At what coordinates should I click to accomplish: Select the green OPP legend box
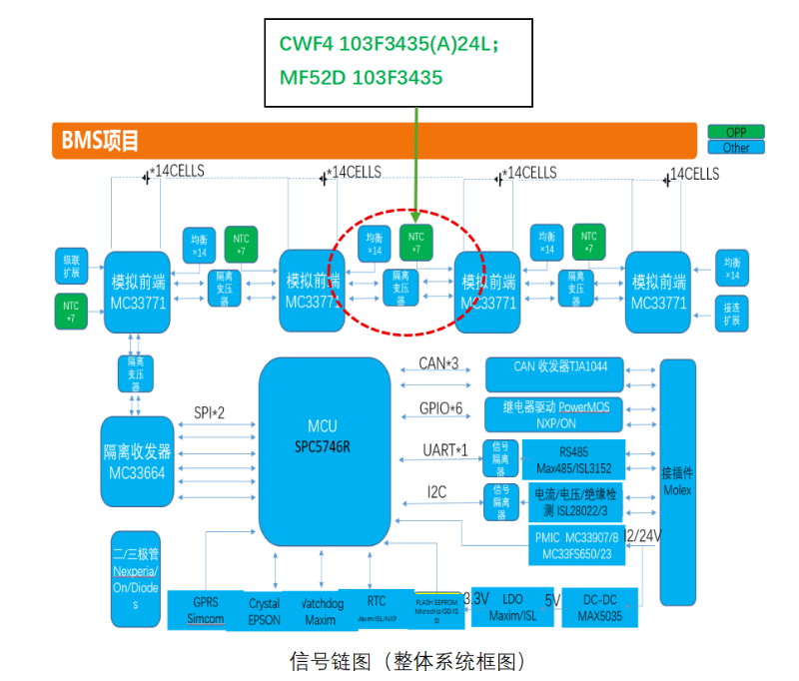(x=735, y=132)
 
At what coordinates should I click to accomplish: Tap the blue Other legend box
(x=735, y=148)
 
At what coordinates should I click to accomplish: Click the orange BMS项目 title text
(x=101, y=141)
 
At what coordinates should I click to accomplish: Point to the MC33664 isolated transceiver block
(x=137, y=460)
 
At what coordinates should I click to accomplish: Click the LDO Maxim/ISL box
(x=512, y=605)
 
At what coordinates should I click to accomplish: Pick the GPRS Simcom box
(x=206, y=610)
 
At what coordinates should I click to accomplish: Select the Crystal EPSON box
(x=265, y=610)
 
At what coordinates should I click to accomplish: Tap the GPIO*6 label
(x=440, y=407)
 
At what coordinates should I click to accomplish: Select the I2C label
(x=437, y=491)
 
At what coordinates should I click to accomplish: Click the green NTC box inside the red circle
(x=416, y=243)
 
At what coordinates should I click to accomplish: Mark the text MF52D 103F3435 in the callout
(x=361, y=77)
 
